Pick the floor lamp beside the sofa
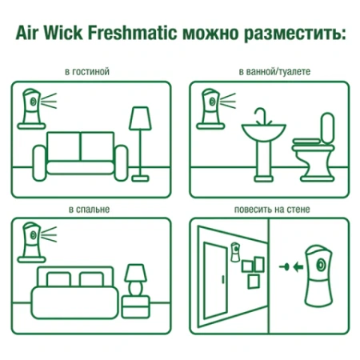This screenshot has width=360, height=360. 140,141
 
